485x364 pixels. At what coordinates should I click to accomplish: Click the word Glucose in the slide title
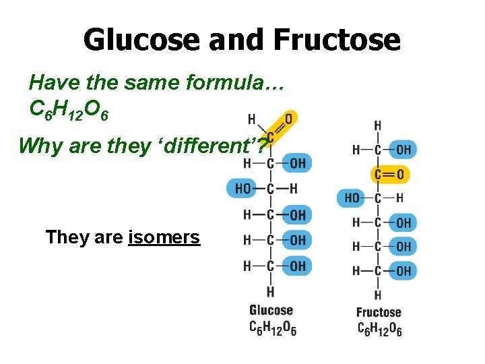click(x=141, y=40)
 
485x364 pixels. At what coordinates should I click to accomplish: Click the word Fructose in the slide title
click(x=337, y=40)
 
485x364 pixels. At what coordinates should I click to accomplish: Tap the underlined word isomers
click(x=164, y=237)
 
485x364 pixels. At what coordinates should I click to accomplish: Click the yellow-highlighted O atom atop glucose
click(x=289, y=119)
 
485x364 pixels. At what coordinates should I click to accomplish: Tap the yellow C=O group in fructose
click(x=390, y=175)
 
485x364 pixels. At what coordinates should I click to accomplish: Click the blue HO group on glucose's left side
click(x=243, y=189)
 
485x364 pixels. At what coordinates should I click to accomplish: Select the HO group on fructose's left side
click(x=352, y=198)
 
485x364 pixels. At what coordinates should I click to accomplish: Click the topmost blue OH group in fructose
click(x=403, y=150)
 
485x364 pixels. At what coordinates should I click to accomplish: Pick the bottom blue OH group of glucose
click(x=297, y=266)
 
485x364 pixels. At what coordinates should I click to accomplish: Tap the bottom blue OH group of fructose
click(x=403, y=271)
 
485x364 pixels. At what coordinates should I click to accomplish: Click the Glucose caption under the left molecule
click(x=271, y=310)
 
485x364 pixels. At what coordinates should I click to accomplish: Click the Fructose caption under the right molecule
click(x=378, y=312)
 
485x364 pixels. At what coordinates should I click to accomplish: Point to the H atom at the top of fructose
click(x=377, y=126)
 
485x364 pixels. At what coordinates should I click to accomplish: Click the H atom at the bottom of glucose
click(x=270, y=291)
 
